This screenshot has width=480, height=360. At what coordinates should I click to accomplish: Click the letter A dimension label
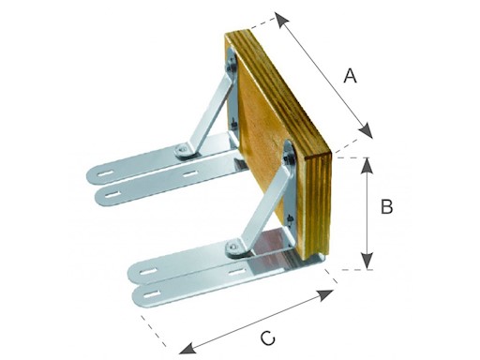click(x=350, y=76)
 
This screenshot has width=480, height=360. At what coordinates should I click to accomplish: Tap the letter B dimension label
click(x=386, y=206)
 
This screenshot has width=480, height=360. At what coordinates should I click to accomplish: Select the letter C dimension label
click(x=268, y=338)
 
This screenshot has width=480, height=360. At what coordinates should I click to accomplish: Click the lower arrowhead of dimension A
click(x=366, y=130)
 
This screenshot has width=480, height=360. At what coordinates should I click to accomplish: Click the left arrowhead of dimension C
click(x=187, y=349)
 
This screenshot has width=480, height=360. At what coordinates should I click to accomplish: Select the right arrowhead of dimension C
click(x=325, y=294)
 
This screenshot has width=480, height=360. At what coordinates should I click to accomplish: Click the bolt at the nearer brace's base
click(x=232, y=247)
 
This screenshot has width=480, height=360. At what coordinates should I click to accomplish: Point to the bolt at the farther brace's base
click(x=182, y=151)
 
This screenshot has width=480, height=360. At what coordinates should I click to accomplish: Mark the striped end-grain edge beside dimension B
click(x=318, y=205)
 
